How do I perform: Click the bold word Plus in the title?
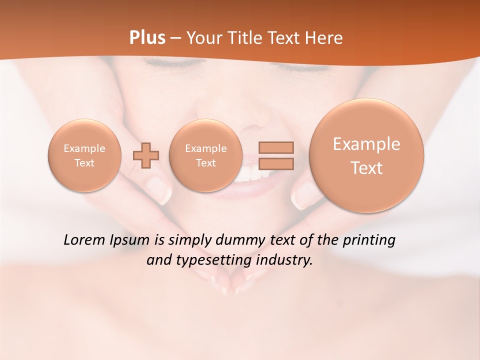click(x=147, y=38)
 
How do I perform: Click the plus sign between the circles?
click(x=146, y=155)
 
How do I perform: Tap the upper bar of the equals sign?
click(x=276, y=147)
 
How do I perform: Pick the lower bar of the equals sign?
click(x=276, y=163)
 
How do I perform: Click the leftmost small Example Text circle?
click(x=84, y=155)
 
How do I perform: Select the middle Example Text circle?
click(x=205, y=155)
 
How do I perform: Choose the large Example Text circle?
click(x=366, y=155)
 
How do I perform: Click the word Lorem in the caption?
click(x=85, y=240)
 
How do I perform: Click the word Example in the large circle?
click(x=366, y=144)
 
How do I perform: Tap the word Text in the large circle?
click(x=366, y=168)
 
